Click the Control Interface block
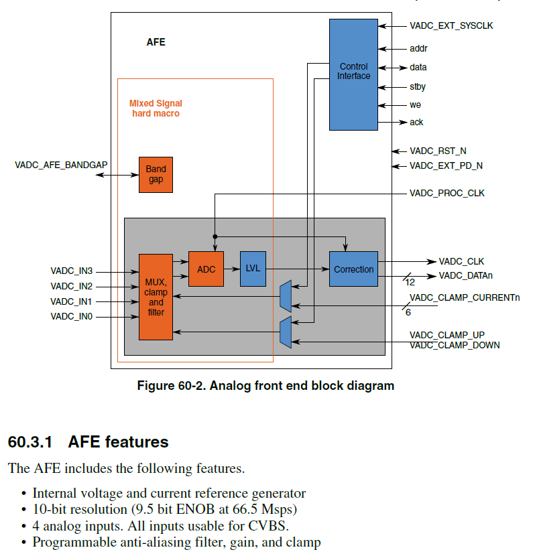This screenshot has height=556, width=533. coord(353,74)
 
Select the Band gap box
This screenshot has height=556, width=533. coord(156,175)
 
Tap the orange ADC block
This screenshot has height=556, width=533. coord(206,269)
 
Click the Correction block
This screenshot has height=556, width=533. coord(353,269)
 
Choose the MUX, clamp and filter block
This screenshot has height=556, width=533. coord(156,297)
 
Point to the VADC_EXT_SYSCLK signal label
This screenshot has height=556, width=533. coord(451,26)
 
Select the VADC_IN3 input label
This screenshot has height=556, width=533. coord(71,271)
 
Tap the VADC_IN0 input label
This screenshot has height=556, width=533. coord(71,316)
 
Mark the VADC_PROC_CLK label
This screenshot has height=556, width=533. coord(447,194)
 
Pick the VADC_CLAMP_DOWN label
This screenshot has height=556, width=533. coord(455,346)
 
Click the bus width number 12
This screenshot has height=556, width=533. coord(409,283)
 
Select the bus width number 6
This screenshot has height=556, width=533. coord(408,312)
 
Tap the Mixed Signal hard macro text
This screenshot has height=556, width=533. coord(155,109)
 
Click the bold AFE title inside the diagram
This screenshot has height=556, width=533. coord(156,42)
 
